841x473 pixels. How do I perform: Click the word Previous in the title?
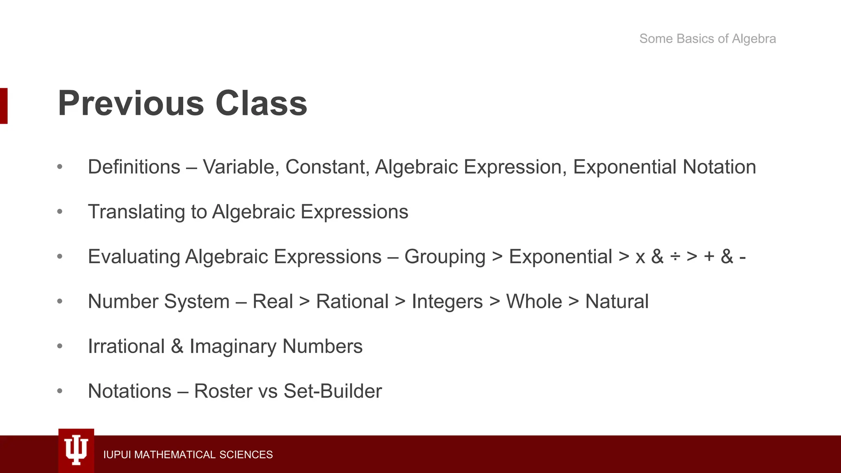[x=131, y=103]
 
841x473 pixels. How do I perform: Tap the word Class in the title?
[x=261, y=103]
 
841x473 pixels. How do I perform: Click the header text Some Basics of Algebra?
[x=708, y=39]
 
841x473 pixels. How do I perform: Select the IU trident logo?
[x=76, y=450]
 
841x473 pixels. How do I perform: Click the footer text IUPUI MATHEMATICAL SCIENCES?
[x=188, y=455]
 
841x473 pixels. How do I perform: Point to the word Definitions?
[x=134, y=167]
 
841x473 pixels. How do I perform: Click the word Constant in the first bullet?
[x=327, y=167]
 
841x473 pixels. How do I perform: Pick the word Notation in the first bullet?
[x=719, y=167]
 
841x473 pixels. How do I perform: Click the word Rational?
[x=352, y=302]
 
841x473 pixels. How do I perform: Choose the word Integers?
[x=447, y=302]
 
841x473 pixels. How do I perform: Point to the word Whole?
[x=534, y=302]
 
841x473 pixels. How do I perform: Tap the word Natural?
[x=617, y=302]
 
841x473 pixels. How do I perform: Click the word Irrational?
[x=126, y=347]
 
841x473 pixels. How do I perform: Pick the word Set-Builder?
[x=333, y=391]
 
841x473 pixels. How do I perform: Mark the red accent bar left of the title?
[x=4, y=106]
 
